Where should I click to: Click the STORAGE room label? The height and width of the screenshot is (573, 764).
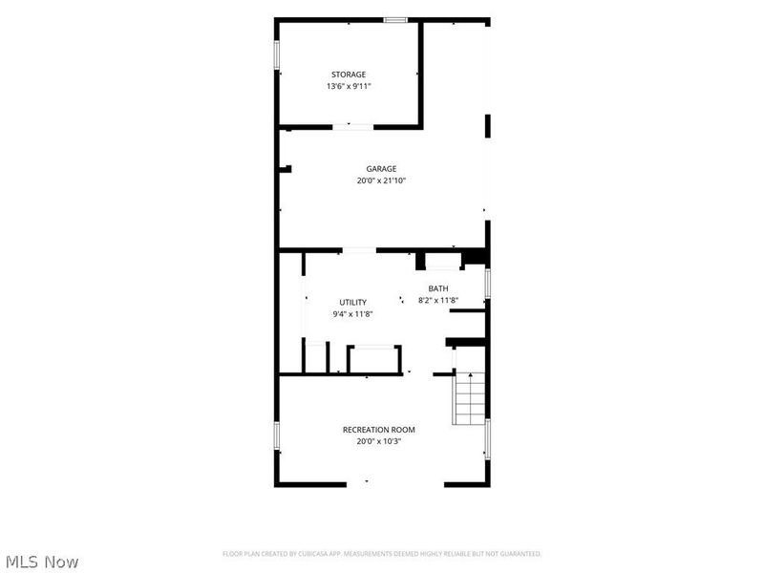coord(349,74)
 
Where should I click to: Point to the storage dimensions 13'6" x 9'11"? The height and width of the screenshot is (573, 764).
coord(349,86)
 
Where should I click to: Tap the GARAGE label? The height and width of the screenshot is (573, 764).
coord(381,169)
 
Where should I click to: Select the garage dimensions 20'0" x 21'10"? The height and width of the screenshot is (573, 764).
coord(381,180)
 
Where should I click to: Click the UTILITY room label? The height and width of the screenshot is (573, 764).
coord(352,302)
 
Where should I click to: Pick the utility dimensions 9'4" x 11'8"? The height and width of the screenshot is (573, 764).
coord(352,314)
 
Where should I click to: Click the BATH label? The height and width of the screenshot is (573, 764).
coord(438,288)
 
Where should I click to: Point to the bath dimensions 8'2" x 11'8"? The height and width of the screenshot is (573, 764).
coord(438,300)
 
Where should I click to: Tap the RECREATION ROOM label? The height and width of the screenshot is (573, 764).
coord(378,430)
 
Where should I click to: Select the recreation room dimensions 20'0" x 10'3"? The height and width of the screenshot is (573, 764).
coord(378,441)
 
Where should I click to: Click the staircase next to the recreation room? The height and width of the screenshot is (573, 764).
coord(469,398)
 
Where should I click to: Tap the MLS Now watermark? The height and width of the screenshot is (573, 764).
coord(42,562)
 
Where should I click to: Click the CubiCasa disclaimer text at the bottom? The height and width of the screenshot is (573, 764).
coord(381,554)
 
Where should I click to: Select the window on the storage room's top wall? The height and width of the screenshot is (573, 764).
coord(395,20)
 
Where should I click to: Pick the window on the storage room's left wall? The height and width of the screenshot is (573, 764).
coord(276,54)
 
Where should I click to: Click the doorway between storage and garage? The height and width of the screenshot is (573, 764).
coord(353,127)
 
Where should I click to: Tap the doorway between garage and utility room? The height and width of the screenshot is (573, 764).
coord(359,250)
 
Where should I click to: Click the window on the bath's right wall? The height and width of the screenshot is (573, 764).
coord(487,283)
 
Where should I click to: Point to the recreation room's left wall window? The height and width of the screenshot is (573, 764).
coord(276,435)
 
